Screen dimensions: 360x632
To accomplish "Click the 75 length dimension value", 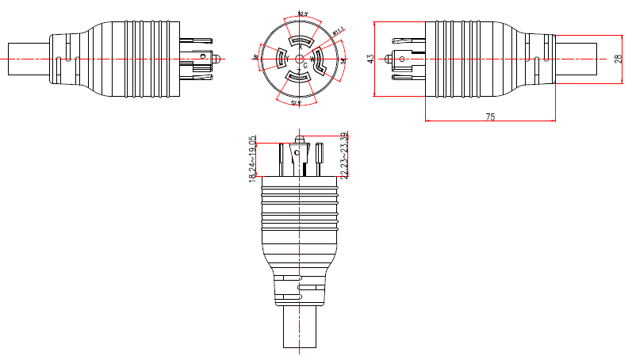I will pyautogui.click(x=490, y=117).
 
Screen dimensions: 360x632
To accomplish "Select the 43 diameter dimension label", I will pyautogui.click(x=370, y=59).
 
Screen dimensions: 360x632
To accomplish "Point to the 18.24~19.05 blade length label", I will pyautogui.click(x=253, y=159).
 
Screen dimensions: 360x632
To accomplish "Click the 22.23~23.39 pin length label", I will pyautogui.click(x=343, y=155).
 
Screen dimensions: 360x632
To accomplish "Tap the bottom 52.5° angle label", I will pyautogui.click(x=296, y=103).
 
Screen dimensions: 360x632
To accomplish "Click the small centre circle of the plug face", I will pyautogui.click(x=298, y=59).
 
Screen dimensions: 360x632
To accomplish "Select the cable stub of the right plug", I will pyautogui.click(x=575, y=59).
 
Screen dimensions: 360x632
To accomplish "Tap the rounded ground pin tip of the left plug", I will pyautogui.click(x=216, y=58).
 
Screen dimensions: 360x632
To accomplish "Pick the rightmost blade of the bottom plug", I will pyautogui.click(x=319, y=155).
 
